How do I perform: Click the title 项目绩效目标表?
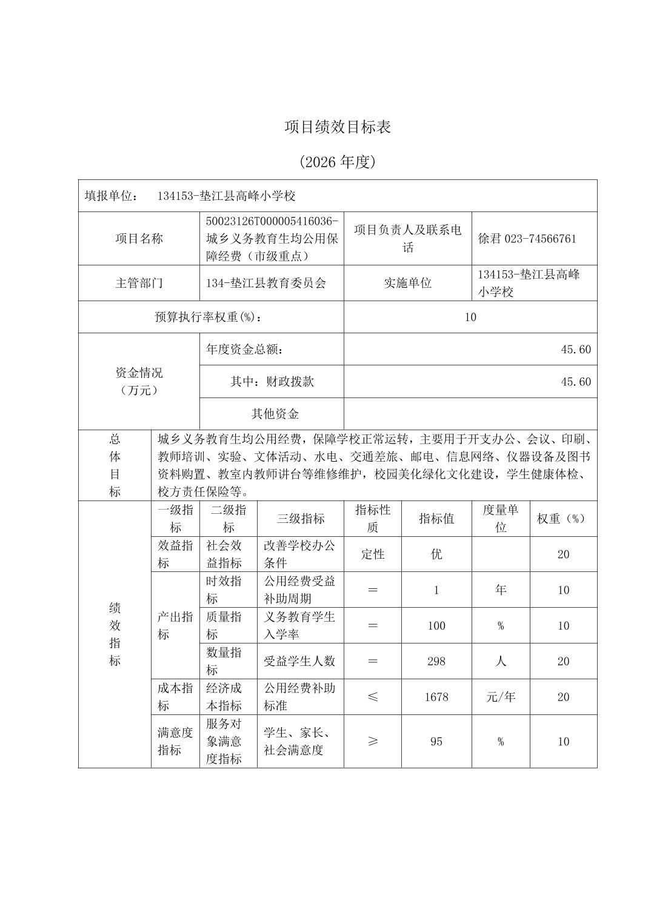click(x=338, y=127)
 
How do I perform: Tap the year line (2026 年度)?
click(x=338, y=162)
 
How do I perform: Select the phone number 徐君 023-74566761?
click(x=527, y=239)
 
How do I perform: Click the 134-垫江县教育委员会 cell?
click(x=266, y=283)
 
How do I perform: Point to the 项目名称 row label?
click(x=139, y=239)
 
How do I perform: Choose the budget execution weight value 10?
click(x=470, y=317)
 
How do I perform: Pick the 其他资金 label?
click(x=275, y=414)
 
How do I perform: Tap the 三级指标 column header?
click(x=301, y=519)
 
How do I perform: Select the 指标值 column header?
click(x=436, y=519)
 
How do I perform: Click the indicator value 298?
click(x=436, y=661)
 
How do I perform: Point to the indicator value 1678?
click(x=436, y=697)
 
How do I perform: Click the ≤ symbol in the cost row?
click(x=373, y=697)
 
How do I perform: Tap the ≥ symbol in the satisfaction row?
click(x=373, y=741)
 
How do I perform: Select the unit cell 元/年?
click(x=501, y=697)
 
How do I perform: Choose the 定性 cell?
click(x=373, y=554)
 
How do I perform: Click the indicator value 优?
click(x=436, y=554)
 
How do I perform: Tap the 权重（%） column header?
click(x=563, y=519)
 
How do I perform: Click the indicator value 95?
click(x=436, y=741)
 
